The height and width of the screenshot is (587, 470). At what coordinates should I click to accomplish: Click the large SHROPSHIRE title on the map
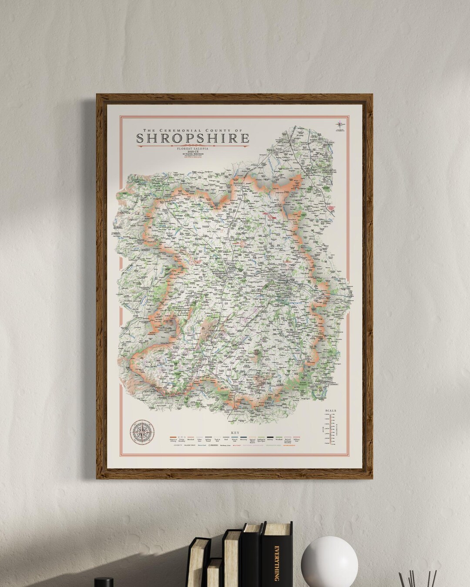(193, 138)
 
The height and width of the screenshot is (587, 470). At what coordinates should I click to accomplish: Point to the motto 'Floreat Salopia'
(193, 149)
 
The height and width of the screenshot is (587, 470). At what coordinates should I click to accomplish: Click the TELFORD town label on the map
(283, 282)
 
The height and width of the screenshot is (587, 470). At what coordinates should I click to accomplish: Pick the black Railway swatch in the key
(270, 437)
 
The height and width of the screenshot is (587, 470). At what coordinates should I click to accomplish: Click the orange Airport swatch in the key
(173, 437)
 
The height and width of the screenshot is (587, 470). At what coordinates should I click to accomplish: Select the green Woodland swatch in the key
(279, 437)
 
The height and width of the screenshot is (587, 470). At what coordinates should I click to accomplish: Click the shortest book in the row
(214, 574)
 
